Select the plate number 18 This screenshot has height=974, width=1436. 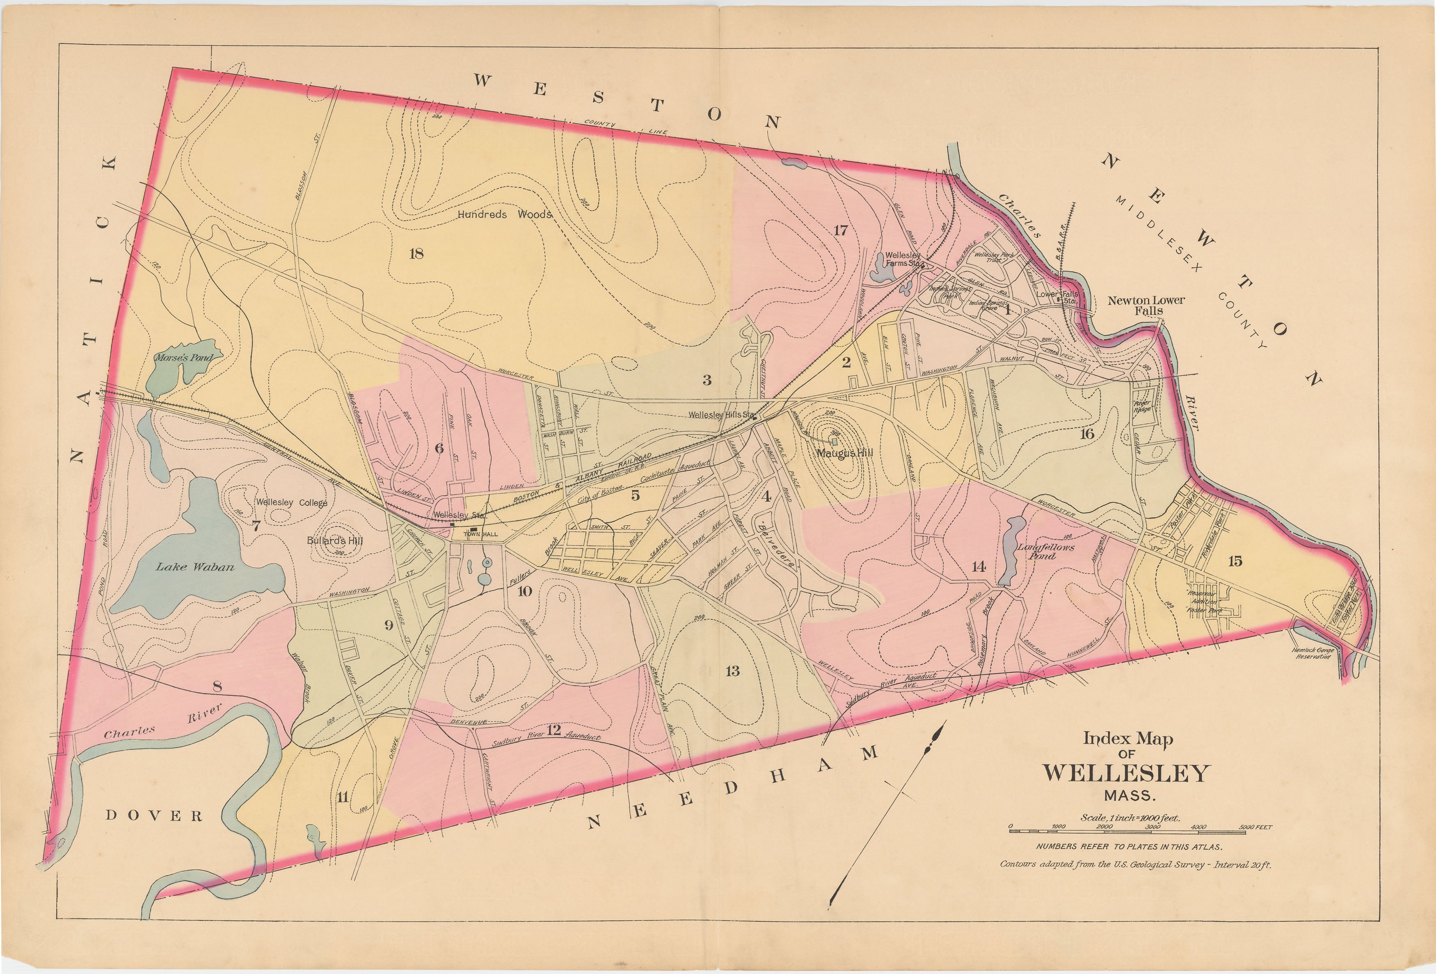tap(416, 253)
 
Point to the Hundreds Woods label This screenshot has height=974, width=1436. tap(504, 214)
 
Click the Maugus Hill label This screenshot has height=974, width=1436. tap(845, 453)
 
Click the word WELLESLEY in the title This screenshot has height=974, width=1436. tap(1125, 773)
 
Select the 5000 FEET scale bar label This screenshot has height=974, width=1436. tap(1255, 827)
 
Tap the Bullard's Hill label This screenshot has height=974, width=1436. tap(335, 541)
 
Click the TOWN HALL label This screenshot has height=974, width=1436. tap(481, 534)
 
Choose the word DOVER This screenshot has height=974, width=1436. tap(154, 816)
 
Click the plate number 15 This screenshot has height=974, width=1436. tap(1235, 561)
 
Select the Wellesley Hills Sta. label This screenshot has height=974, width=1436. tap(720, 415)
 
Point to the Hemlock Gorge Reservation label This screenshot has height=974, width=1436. tap(1313, 653)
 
